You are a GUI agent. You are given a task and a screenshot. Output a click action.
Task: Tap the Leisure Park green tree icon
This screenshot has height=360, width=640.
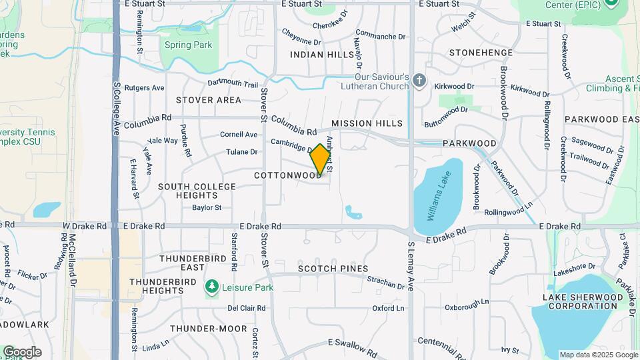(212, 287)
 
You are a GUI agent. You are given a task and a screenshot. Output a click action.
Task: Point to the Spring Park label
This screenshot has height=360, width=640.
(189, 45)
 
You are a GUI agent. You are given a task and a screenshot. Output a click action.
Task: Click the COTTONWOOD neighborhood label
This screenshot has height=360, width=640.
(287, 175)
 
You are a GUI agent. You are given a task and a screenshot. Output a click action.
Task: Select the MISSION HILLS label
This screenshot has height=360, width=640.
(367, 123)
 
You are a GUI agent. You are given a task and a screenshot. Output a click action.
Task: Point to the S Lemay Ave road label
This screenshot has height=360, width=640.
(411, 267)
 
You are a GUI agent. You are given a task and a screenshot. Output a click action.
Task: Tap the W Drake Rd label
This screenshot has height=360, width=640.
(85, 226)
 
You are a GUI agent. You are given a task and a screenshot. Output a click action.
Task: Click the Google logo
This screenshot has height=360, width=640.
(22, 352)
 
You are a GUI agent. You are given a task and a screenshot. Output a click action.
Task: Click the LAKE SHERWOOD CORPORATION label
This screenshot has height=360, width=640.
(579, 301)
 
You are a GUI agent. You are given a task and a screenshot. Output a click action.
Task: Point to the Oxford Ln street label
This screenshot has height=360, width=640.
(388, 309)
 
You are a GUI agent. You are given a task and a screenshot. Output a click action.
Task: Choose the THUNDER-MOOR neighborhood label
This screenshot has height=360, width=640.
(204, 329)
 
